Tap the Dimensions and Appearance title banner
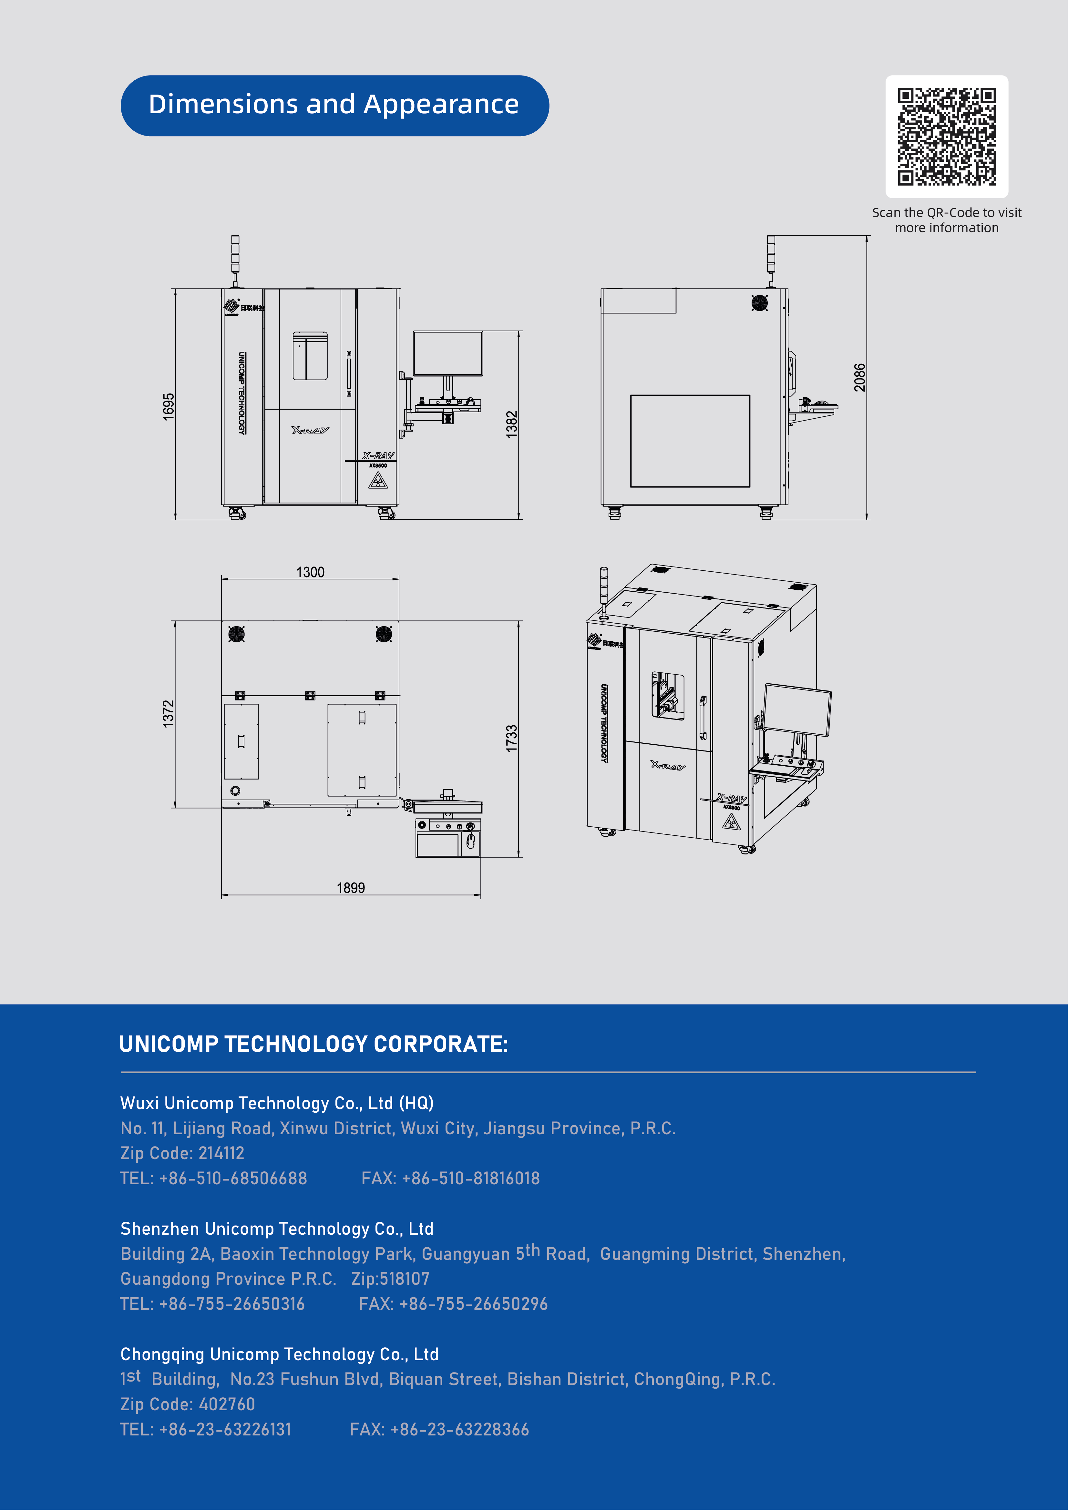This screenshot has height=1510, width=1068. coord(335,105)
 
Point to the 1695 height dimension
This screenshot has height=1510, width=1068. coord(169,406)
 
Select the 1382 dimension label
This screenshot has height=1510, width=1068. coord(512,424)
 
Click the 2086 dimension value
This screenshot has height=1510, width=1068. coord(859,378)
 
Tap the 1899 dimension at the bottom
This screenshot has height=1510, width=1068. coord(351,888)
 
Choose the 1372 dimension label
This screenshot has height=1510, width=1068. coord(169,714)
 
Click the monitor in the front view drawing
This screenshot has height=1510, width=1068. coord(448,354)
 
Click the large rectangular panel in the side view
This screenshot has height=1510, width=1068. coord(690,441)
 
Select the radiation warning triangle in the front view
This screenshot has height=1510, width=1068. coord(377,481)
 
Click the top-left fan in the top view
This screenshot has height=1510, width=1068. coord(236,634)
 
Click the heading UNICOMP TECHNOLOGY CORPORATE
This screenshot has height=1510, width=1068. coord(314,1044)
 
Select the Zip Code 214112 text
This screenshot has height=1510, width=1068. coord(182,1153)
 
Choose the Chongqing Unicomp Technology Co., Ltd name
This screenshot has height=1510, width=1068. coord(280,1354)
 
